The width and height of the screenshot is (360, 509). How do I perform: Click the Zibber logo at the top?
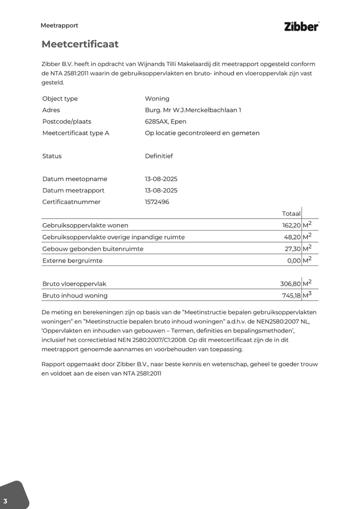point(301,27)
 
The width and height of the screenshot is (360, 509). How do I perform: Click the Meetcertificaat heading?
point(80,44)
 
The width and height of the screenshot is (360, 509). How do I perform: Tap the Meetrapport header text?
point(59,25)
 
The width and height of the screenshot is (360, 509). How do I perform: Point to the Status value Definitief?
point(159,156)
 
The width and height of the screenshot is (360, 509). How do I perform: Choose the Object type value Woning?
point(157,98)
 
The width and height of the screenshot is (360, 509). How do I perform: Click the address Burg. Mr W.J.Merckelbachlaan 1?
point(193,110)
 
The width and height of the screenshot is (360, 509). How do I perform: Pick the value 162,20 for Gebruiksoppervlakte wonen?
point(291,225)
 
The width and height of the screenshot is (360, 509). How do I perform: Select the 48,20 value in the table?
point(292,237)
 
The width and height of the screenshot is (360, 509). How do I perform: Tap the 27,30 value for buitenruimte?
point(292,248)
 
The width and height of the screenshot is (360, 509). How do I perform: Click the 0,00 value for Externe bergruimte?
point(294,260)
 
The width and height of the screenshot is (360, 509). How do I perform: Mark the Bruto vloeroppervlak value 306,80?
point(290,284)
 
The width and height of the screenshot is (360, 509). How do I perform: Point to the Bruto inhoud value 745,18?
point(291,295)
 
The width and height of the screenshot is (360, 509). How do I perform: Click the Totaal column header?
point(291,213)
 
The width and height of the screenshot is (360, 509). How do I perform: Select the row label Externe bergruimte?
point(72,260)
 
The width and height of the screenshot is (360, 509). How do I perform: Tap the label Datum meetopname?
point(75,179)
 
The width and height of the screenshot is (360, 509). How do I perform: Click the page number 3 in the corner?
point(5,501)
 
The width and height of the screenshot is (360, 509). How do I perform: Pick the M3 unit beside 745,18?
point(307,295)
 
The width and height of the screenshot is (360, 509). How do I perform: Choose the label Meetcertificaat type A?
point(76,133)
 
